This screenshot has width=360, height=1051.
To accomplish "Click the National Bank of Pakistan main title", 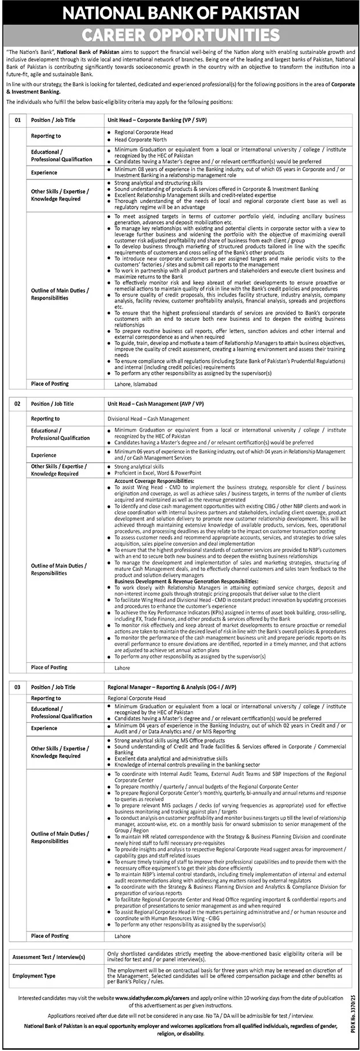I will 180,13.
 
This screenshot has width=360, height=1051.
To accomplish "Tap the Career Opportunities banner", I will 180,36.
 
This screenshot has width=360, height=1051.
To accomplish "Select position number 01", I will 17,120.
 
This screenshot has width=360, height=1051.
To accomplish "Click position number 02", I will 17,404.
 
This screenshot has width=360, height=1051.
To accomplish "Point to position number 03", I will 17,687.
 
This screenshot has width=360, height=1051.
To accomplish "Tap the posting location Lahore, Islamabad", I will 132,384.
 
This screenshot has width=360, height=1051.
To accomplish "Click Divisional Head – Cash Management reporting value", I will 148,419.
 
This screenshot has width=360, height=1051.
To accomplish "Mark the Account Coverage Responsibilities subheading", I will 154,480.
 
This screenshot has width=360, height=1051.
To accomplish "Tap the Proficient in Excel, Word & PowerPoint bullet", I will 158,474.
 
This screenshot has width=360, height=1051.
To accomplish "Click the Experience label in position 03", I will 44,728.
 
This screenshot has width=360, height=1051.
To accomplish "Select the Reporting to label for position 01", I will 45,136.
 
